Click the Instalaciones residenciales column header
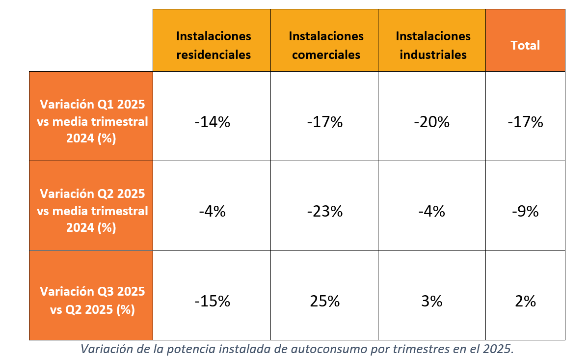pos(214,45)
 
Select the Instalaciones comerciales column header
pos(326,45)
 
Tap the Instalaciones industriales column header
pos(433,45)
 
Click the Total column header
pos(525,45)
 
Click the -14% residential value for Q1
pos(212,122)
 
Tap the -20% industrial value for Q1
pos(432,122)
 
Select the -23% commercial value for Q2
pos(324,212)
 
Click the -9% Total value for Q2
pos(525,212)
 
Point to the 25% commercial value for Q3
pos(324,301)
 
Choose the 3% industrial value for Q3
pos(432,301)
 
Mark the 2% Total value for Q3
pos(525,301)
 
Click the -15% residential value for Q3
pos(212,301)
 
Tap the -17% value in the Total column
pos(525,122)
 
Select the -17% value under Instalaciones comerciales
pos(324,122)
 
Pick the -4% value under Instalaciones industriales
pos(432,212)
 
